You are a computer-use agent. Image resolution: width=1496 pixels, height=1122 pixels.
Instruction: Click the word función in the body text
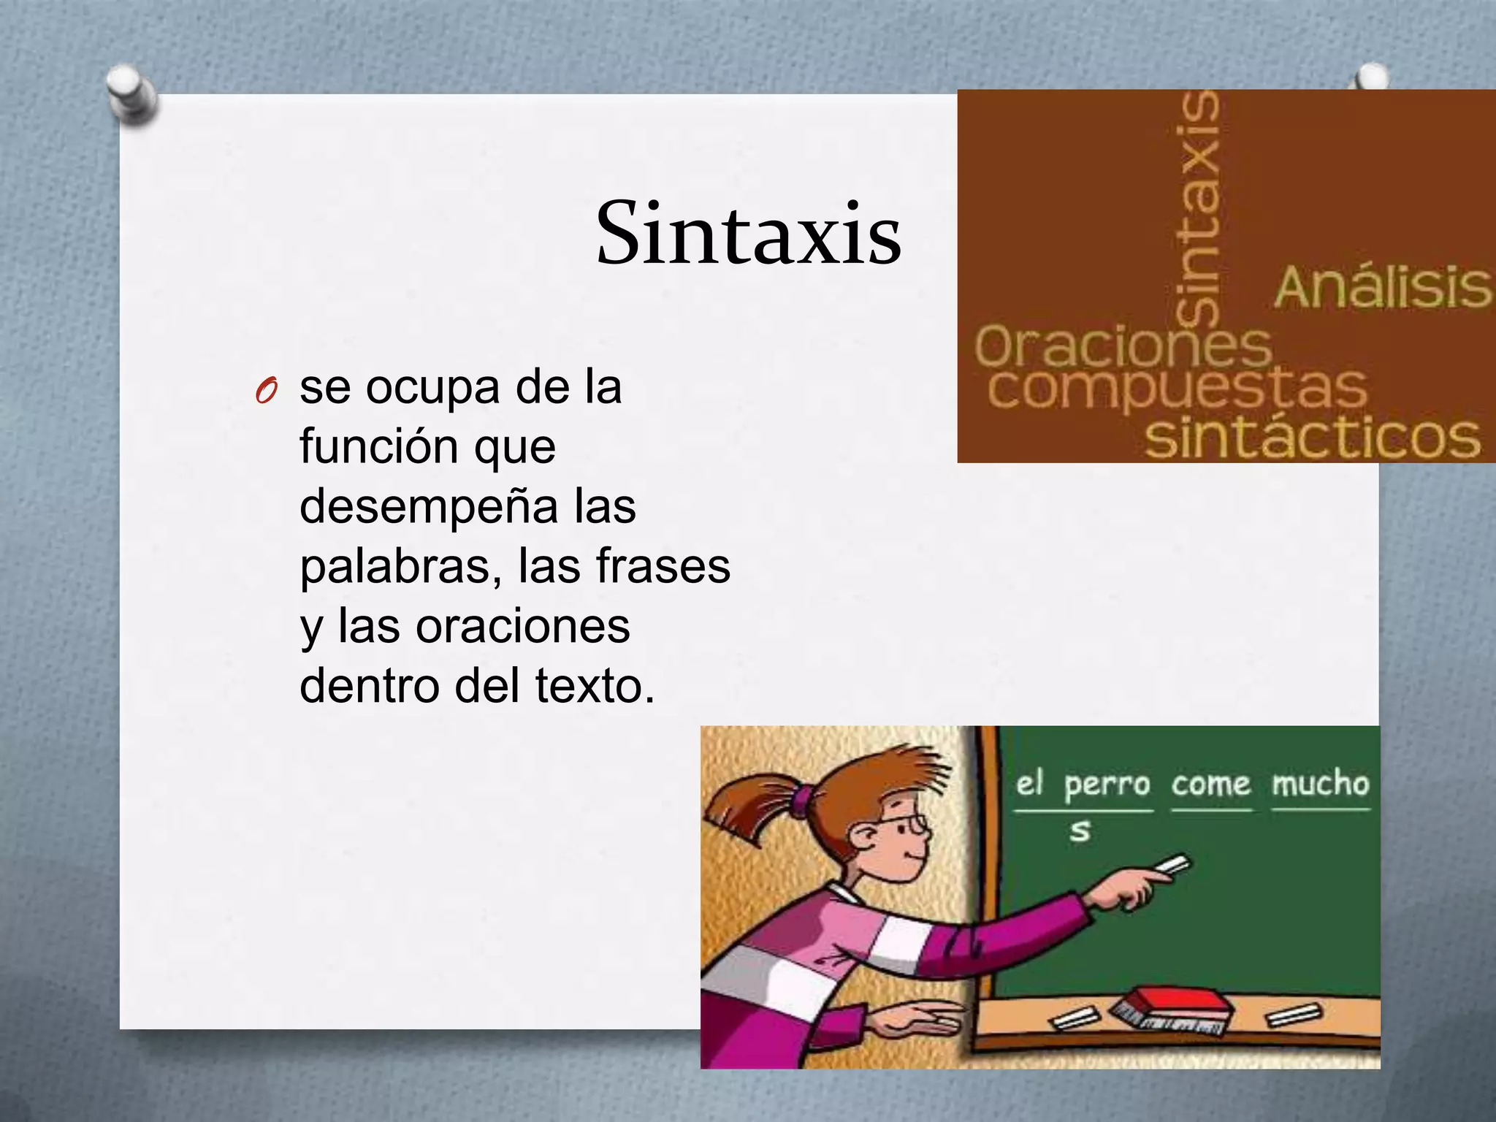(378, 447)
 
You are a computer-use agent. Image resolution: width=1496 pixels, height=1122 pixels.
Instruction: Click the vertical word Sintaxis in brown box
(1198, 208)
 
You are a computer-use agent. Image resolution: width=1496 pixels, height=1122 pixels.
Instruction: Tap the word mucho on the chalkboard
(1320, 784)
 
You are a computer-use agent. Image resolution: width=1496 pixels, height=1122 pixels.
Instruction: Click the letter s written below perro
(1080, 831)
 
